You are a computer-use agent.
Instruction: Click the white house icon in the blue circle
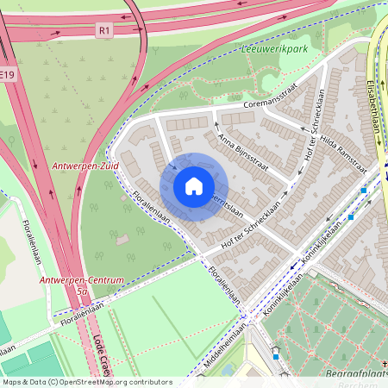pyautogui.click(x=194, y=186)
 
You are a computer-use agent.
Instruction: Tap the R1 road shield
pyautogui.click(x=104, y=30)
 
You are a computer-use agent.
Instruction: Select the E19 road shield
pyautogui.click(x=7, y=76)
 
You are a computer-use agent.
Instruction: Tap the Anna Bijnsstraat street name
pyautogui.click(x=241, y=151)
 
